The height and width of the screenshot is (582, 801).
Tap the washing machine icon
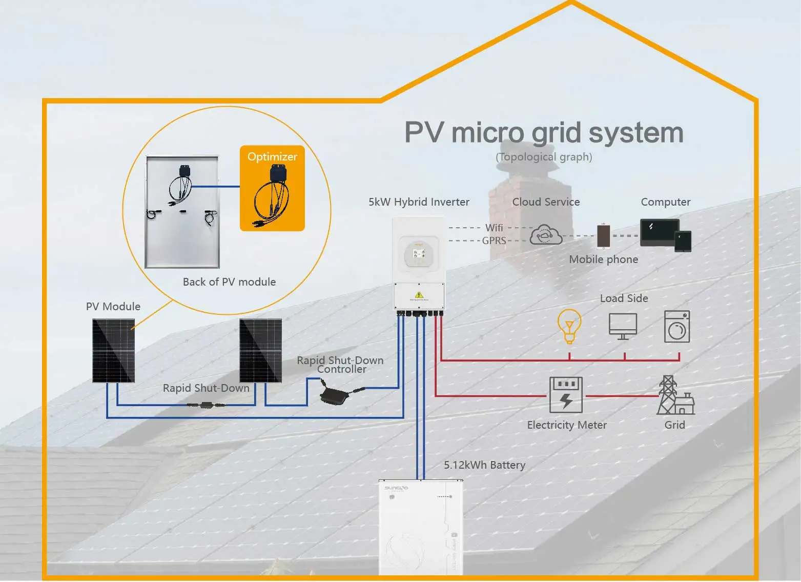(x=677, y=327)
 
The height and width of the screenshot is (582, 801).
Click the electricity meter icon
(x=566, y=395)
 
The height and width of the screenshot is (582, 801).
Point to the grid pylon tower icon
(x=668, y=395)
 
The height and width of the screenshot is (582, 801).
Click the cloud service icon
(x=546, y=235)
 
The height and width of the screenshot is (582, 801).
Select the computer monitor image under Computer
(x=660, y=232)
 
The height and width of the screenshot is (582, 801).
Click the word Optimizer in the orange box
(x=272, y=157)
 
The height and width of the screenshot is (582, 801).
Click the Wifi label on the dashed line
(x=494, y=228)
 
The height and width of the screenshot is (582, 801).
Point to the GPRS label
(x=494, y=240)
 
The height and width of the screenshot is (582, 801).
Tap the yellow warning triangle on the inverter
(x=419, y=295)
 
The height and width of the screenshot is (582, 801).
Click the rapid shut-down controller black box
(x=334, y=395)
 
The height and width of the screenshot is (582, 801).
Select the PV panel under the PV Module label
(x=113, y=351)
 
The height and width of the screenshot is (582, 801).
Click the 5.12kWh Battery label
(x=484, y=465)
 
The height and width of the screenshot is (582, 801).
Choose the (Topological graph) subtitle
(x=544, y=157)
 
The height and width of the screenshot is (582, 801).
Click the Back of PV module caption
(x=229, y=282)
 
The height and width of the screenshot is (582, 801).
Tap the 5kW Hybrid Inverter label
(x=419, y=202)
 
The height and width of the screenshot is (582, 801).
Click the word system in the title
(x=635, y=133)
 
